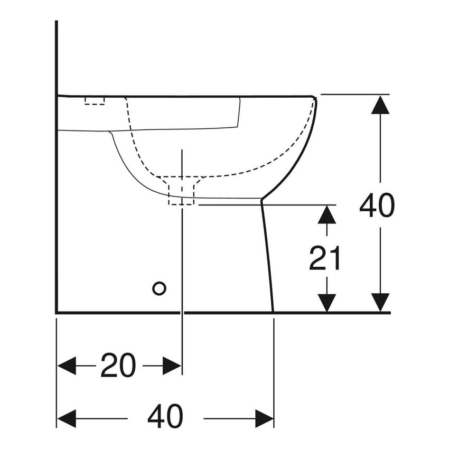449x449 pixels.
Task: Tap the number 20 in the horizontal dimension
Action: point(118,365)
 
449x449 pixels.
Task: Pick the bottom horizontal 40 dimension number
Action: point(165,418)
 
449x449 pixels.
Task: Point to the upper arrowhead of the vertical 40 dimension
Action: point(380,106)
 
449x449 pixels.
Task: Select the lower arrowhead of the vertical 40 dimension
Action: point(380,302)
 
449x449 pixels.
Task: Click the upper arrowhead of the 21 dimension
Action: point(328,213)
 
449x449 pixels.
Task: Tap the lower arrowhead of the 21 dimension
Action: point(328,302)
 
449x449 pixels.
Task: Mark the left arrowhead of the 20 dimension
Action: point(67,365)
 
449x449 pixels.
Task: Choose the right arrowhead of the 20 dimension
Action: point(172,365)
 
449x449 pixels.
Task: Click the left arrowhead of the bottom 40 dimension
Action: point(67,418)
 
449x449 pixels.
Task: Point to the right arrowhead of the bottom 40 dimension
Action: point(264,418)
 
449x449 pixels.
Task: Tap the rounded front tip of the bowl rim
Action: point(315,98)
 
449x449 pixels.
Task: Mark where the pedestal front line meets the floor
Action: point(273,312)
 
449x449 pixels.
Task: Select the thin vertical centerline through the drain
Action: point(182,254)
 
